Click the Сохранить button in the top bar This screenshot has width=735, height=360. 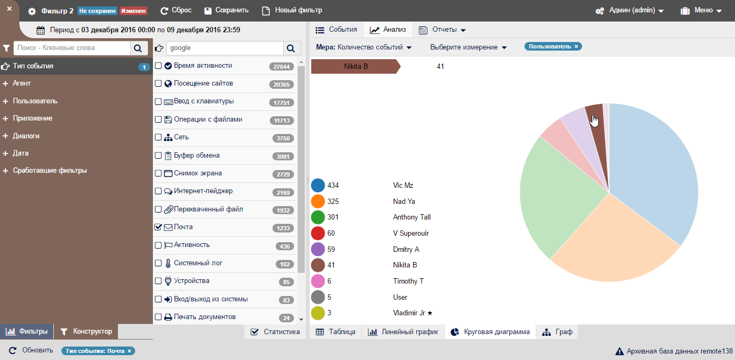click(226, 10)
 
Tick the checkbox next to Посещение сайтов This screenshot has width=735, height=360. click(158, 83)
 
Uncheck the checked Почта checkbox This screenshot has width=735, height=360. click(158, 227)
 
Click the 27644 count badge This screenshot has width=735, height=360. click(282, 67)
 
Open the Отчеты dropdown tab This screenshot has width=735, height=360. click(442, 30)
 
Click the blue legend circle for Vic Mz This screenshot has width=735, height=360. click(318, 186)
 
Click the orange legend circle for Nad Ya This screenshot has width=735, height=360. click(318, 201)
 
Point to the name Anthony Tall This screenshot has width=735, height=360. click(411, 217)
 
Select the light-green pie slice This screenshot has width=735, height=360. click(560, 199)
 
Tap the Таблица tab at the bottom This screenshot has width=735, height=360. click(335, 332)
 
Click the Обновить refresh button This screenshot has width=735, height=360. click(31, 350)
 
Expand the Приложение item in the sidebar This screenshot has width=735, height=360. click(32, 118)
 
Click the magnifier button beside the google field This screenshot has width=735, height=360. click(290, 48)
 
